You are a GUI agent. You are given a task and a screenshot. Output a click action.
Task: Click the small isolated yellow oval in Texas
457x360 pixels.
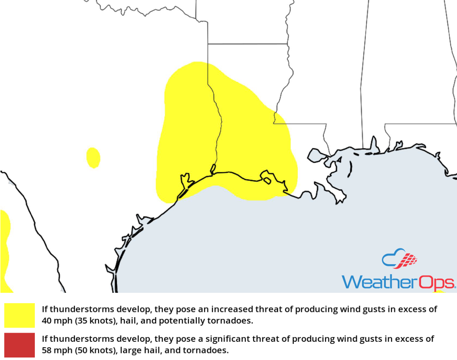93,158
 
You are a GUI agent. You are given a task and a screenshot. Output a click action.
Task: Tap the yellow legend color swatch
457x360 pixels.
19,315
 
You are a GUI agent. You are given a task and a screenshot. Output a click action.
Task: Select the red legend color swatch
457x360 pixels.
19,345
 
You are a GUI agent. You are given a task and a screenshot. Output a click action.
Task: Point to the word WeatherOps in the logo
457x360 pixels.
398,282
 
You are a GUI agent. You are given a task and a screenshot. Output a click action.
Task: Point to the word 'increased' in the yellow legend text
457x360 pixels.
229,309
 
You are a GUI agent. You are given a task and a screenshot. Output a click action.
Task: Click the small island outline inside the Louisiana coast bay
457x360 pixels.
267,180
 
